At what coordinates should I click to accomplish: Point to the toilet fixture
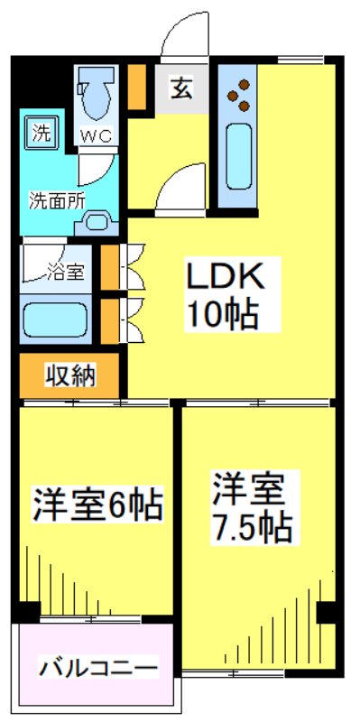94,95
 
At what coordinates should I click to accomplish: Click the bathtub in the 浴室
54,319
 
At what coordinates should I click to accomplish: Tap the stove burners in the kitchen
240,96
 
